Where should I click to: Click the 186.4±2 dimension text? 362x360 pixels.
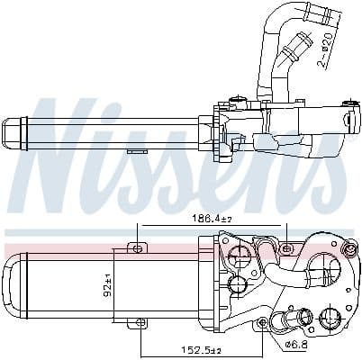[x=196, y=219]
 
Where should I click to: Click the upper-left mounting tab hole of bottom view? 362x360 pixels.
[x=137, y=247]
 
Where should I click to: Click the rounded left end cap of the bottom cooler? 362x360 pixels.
[x=12, y=286]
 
